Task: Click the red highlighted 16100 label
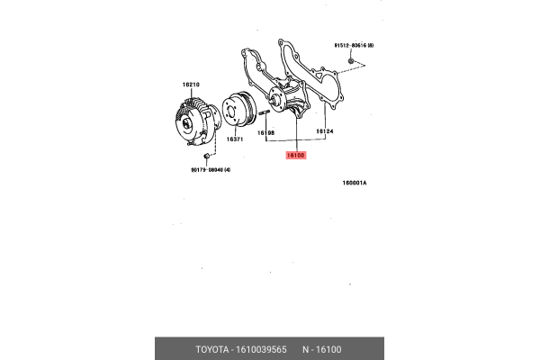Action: point(296,155)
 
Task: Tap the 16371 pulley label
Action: point(235,139)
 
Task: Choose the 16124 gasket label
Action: point(325,132)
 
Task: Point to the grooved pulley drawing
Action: point(238,112)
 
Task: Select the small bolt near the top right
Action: point(353,63)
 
